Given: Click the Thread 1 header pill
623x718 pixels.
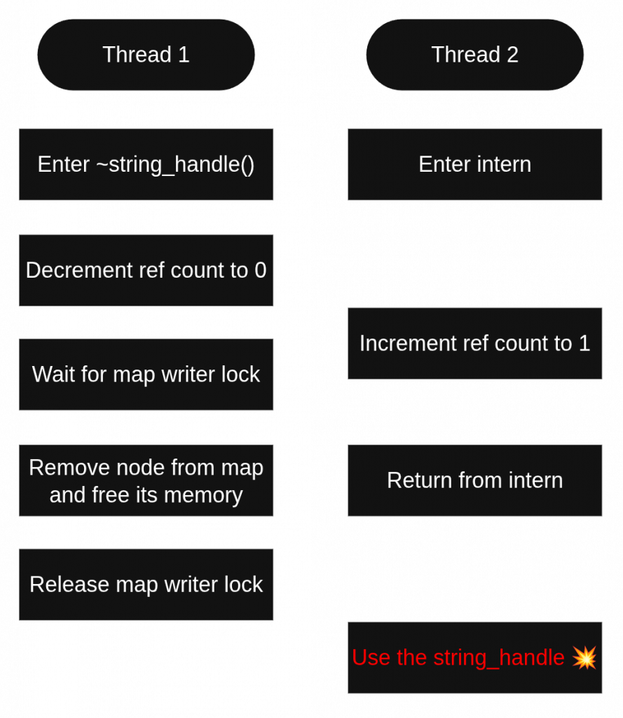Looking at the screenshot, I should pyautogui.click(x=146, y=55).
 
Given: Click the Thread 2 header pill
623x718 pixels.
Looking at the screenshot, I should pyautogui.click(x=474, y=55).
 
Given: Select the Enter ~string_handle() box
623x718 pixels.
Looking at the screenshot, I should pyautogui.click(x=146, y=164).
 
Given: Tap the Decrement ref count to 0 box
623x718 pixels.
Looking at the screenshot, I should pyautogui.click(x=146, y=270).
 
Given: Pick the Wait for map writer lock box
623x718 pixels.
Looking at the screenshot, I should pyautogui.click(x=146, y=374).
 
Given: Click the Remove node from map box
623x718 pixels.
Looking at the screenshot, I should pyautogui.click(x=146, y=480).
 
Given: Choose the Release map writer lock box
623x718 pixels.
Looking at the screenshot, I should pyautogui.click(x=146, y=584).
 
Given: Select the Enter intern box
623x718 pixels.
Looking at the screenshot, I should pyautogui.click(x=474, y=164).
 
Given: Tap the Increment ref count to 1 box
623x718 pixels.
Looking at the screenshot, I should pyautogui.click(x=474, y=343).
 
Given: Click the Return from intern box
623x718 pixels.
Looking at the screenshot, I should pyautogui.click(x=474, y=480).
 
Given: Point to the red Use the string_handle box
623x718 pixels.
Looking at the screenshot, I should pyautogui.click(x=474, y=657).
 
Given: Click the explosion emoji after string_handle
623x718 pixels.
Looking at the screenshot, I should pyautogui.click(x=584, y=657).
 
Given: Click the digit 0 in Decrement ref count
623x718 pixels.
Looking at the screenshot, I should pyautogui.click(x=261, y=271).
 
